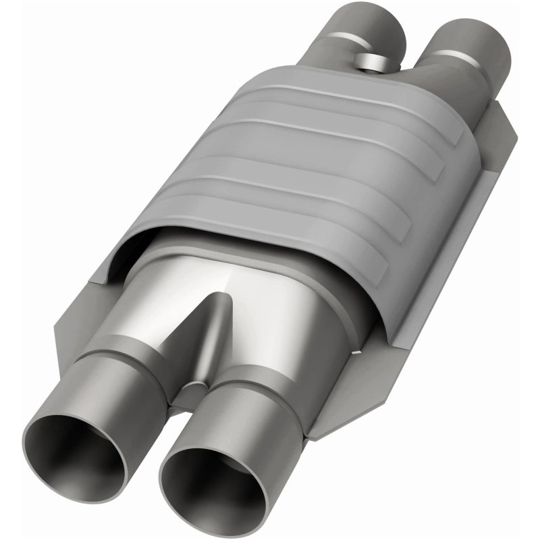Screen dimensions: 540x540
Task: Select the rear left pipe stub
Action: click(x=368, y=27)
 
